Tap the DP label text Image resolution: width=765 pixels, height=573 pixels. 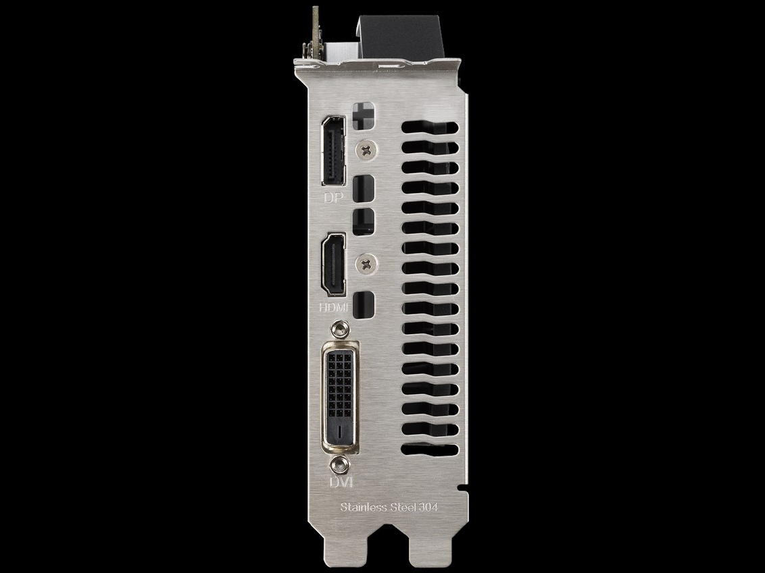pyautogui.click(x=333, y=198)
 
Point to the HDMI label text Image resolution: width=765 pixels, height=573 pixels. pyautogui.click(x=332, y=308)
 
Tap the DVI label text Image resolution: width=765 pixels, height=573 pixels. pyautogui.click(x=339, y=483)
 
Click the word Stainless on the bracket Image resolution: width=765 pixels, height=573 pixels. pyautogui.click(x=364, y=508)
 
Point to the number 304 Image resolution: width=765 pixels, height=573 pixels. pyautogui.click(x=428, y=508)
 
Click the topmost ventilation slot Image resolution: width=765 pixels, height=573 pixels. pyautogui.click(x=429, y=127)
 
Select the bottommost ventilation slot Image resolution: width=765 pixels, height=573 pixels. pyautogui.click(x=429, y=449)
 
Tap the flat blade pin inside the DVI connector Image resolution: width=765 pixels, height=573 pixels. pyautogui.click(x=339, y=430)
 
